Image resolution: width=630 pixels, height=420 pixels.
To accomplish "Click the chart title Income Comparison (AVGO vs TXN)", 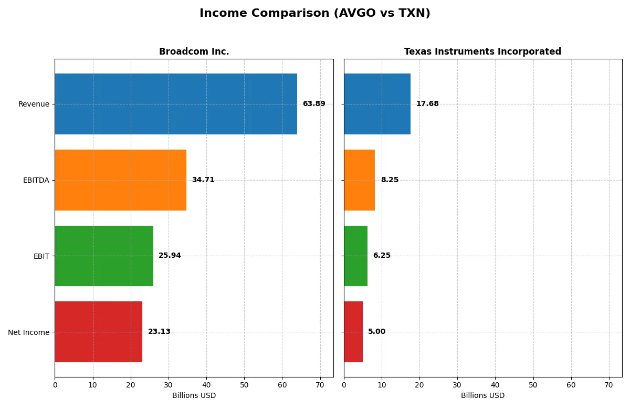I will tap(314, 14).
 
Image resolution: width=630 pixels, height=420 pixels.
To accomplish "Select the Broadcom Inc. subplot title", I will tap(194, 51).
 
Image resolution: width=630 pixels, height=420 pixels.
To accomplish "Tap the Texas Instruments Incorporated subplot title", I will tap(482, 51).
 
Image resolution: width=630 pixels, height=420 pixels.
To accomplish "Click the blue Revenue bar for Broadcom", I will tap(176, 104).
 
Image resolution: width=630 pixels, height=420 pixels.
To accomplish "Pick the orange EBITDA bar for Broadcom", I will tap(120, 180).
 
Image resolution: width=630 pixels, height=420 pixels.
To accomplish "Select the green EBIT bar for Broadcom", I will tap(104, 256).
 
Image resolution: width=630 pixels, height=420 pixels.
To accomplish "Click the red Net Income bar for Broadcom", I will tap(98, 332).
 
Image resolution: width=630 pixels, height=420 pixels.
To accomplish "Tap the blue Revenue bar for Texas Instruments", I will tap(377, 104).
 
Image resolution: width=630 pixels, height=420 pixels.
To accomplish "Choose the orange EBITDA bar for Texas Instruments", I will tap(359, 180).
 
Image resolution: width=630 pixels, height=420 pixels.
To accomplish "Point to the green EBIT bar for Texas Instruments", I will tap(355, 256).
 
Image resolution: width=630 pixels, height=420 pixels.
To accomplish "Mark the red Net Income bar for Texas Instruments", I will tap(353, 332).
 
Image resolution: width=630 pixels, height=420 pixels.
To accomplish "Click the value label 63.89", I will tap(314, 104).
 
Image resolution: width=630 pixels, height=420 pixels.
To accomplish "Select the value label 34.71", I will tap(203, 180).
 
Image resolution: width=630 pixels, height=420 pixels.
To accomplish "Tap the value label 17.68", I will tap(427, 104).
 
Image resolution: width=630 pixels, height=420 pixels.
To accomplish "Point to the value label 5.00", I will tap(376, 332).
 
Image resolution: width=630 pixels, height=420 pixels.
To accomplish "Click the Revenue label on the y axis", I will tap(34, 104).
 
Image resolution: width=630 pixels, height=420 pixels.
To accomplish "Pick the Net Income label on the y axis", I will tap(29, 332).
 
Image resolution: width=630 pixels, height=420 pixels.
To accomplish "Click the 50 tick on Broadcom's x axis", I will tap(244, 385).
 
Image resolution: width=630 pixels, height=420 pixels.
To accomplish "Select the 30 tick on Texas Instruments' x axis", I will tap(457, 385).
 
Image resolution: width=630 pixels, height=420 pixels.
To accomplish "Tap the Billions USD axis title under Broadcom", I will tap(194, 396).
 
